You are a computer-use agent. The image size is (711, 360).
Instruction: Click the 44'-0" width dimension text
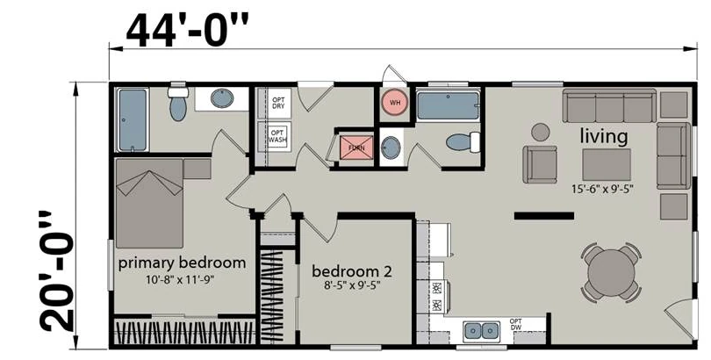coord(187,30)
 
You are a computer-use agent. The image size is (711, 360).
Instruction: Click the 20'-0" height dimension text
coord(57,272)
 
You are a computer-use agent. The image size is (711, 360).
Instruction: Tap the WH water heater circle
coord(395,102)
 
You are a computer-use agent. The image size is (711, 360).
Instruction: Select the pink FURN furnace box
coord(356,148)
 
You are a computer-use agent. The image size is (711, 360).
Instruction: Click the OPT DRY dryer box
coord(278,103)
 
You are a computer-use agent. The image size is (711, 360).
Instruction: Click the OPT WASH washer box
coord(277,136)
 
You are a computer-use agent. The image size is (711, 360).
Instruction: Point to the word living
coord(604,136)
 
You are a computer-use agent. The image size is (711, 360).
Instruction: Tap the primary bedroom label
coord(182,263)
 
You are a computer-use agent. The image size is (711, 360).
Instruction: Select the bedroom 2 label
coord(352,271)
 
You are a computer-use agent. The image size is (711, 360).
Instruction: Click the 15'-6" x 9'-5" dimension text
coord(602,189)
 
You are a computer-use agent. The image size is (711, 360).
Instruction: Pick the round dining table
coord(611,273)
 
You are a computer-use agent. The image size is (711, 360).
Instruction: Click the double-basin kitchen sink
coord(482,331)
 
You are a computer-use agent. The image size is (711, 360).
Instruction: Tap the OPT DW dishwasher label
coord(515,324)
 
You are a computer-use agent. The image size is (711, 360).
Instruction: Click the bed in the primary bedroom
coord(150,203)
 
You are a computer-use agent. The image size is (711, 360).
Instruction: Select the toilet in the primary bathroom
coord(177,104)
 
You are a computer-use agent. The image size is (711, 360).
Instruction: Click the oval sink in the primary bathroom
coord(222,98)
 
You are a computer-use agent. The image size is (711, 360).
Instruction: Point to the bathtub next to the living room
coord(448,106)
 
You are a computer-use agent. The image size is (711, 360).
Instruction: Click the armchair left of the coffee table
coord(540,164)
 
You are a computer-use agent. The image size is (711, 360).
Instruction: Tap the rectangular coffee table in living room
coord(607,165)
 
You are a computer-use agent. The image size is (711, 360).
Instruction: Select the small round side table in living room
coord(541,132)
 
